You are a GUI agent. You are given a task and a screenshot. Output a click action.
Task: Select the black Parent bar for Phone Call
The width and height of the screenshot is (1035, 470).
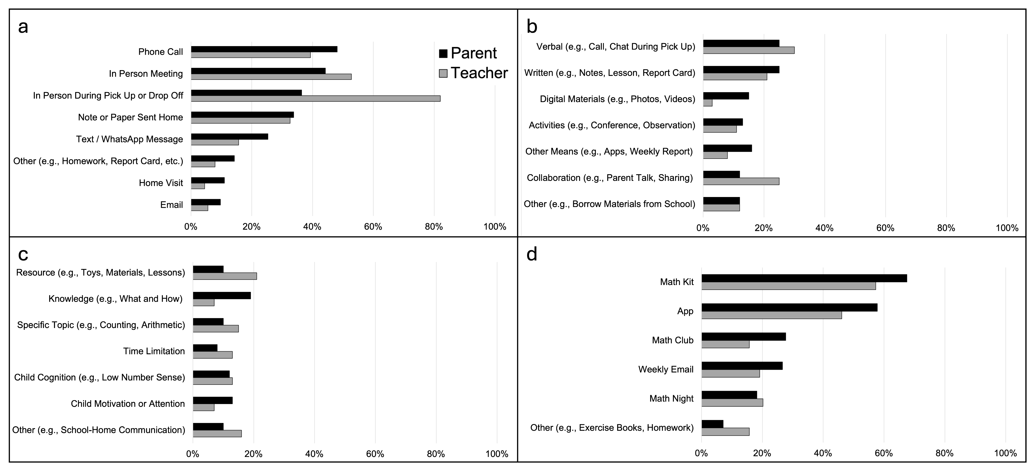pyautogui.click(x=264, y=49)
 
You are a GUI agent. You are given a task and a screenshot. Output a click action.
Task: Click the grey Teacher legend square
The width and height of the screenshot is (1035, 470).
pyautogui.click(x=443, y=73)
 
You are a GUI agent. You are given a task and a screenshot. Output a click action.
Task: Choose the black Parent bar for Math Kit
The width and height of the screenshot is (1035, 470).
pyautogui.click(x=804, y=278)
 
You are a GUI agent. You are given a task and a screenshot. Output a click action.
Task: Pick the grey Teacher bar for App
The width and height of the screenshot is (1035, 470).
pyautogui.click(x=772, y=315)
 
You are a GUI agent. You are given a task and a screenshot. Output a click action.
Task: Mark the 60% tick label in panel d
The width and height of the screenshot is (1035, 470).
pyautogui.click(x=884, y=454)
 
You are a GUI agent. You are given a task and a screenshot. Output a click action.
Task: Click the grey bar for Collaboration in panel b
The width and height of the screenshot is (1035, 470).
pyautogui.click(x=741, y=181)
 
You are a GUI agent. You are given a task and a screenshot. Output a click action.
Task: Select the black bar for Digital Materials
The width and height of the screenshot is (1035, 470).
pyautogui.click(x=726, y=96)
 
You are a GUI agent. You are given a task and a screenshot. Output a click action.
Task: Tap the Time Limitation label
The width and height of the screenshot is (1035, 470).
pyautogui.click(x=154, y=351)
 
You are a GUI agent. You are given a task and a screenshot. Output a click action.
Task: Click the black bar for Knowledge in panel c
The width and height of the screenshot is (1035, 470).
pyautogui.click(x=222, y=296)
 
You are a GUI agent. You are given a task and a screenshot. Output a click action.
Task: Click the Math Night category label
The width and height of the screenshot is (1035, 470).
pyautogui.click(x=671, y=398)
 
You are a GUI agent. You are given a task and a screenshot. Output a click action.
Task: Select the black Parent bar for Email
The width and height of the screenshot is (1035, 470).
pyautogui.click(x=206, y=202)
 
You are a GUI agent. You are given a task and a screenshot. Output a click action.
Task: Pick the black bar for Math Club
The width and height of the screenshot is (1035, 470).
pyautogui.click(x=744, y=336)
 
